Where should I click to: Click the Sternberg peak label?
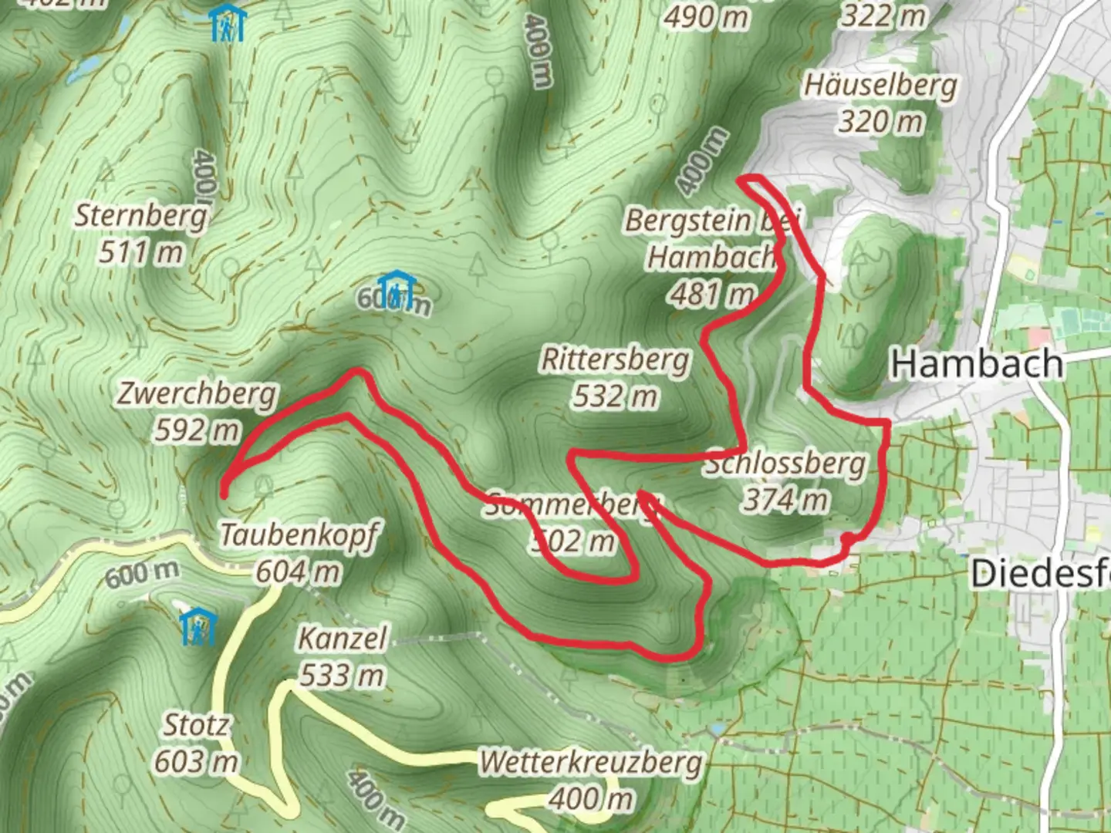(x=141, y=216)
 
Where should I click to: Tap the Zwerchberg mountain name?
(x=196, y=394)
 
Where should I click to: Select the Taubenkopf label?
(x=299, y=535)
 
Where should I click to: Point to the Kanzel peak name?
(x=342, y=639)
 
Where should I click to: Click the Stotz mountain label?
(x=196, y=725)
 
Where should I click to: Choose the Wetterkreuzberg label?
(x=591, y=763)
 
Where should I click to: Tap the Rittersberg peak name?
(x=615, y=359)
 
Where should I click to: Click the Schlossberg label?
(x=785, y=464)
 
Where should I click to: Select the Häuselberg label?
(x=880, y=85)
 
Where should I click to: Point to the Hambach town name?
(x=977, y=363)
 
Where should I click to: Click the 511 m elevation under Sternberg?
(x=141, y=252)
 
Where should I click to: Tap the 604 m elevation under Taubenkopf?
(x=299, y=572)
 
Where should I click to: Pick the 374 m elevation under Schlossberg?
(x=785, y=501)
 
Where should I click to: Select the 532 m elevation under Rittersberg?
(x=615, y=396)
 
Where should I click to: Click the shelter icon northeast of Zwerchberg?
(x=397, y=289)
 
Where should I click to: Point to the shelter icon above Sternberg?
(x=229, y=22)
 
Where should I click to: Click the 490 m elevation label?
(x=707, y=17)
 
